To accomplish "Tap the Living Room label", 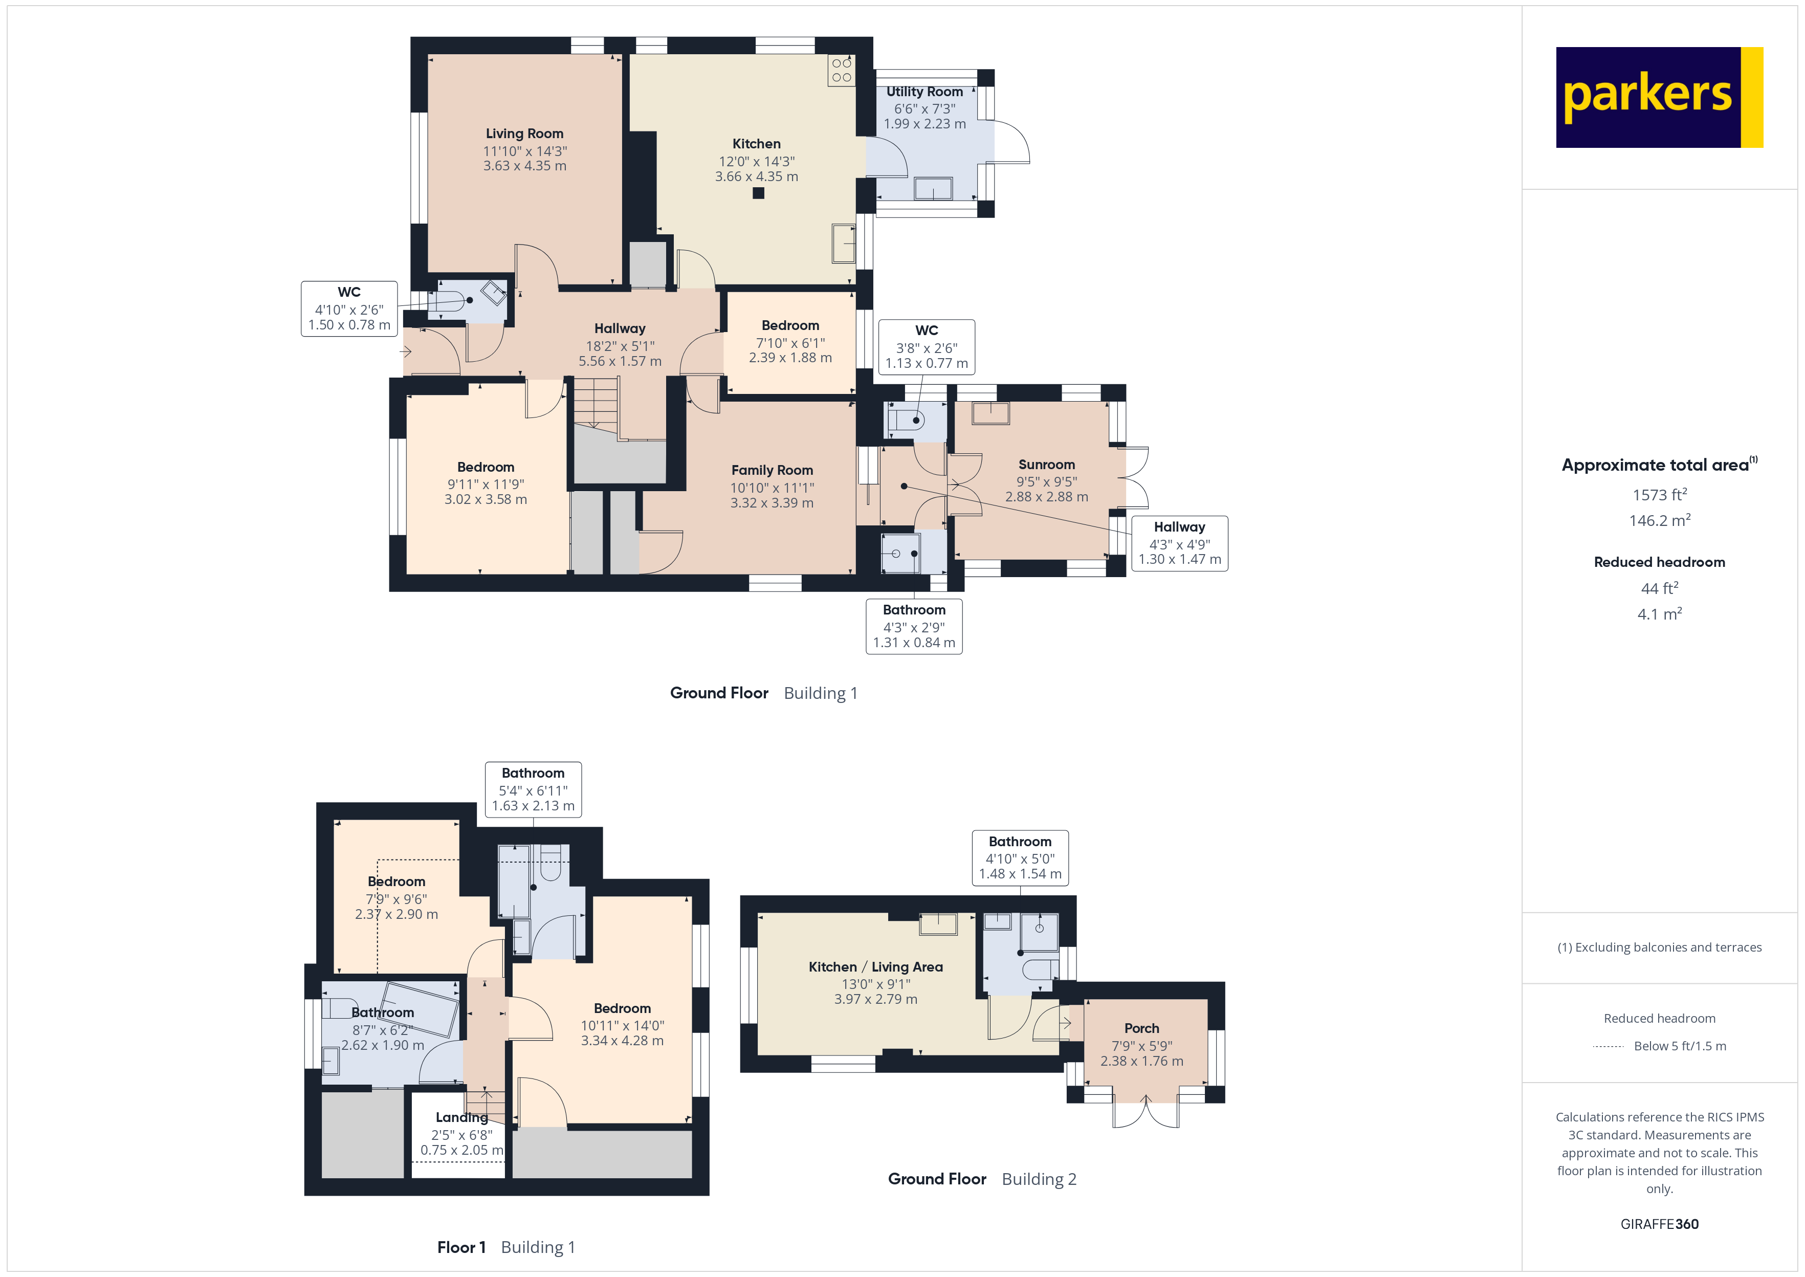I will tap(524, 134).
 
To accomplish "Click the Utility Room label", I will tap(924, 92).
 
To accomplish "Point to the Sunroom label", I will tap(1046, 465).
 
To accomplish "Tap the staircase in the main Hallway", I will tap(596, 403).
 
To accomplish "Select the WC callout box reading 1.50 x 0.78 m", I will tap(349, 309).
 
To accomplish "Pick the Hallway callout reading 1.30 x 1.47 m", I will tap(1179, 543).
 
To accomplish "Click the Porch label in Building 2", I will tap(1141, 1028).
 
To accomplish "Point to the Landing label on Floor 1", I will tap(461, 1117).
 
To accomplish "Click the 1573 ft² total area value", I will tap(1659, 495).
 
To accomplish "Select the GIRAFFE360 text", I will tap(1659, 1224).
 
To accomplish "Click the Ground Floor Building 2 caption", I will tap(982, 1179).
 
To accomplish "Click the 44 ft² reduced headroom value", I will tap(1659, 588).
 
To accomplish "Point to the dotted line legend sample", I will tap(1608, 1047).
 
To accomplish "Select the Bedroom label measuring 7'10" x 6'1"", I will tap(790, 325).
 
